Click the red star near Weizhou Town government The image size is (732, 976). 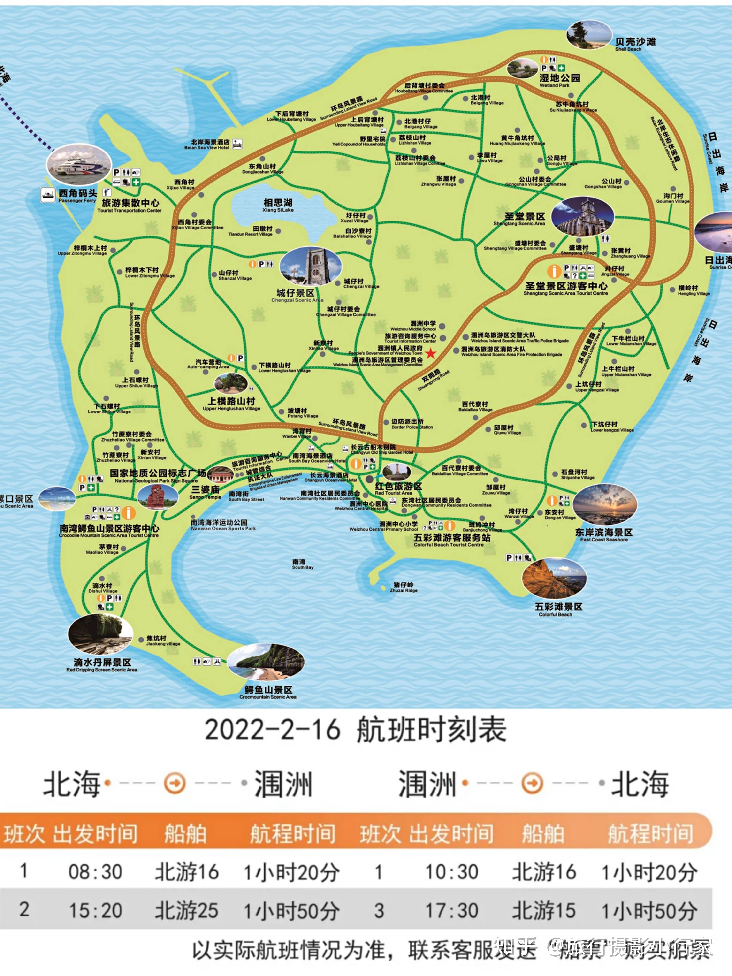(x=430, y=353)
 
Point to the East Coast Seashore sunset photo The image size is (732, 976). (x=605, y=505)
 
